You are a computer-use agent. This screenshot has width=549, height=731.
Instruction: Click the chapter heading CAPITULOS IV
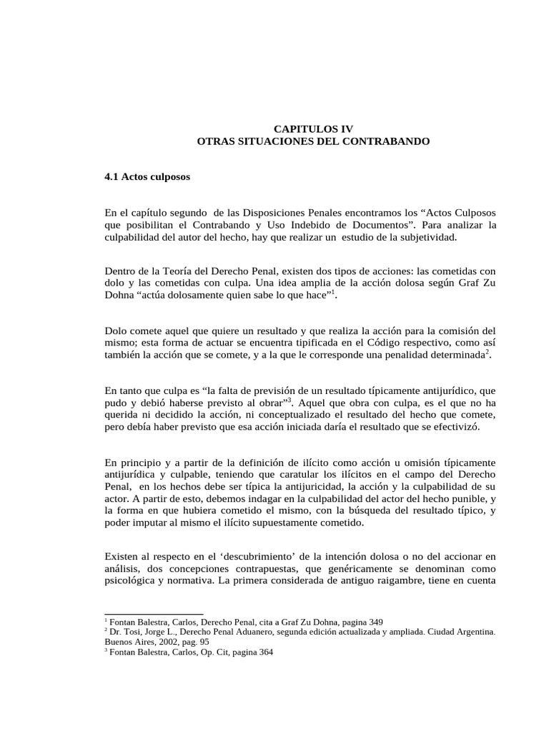(314, 128)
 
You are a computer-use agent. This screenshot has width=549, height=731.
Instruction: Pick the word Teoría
(189, 272)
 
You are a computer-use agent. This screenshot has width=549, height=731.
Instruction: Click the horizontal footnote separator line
(154, 613)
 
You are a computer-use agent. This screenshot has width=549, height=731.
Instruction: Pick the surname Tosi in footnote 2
(133, 632)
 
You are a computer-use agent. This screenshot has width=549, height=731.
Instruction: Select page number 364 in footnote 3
(264, 652)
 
